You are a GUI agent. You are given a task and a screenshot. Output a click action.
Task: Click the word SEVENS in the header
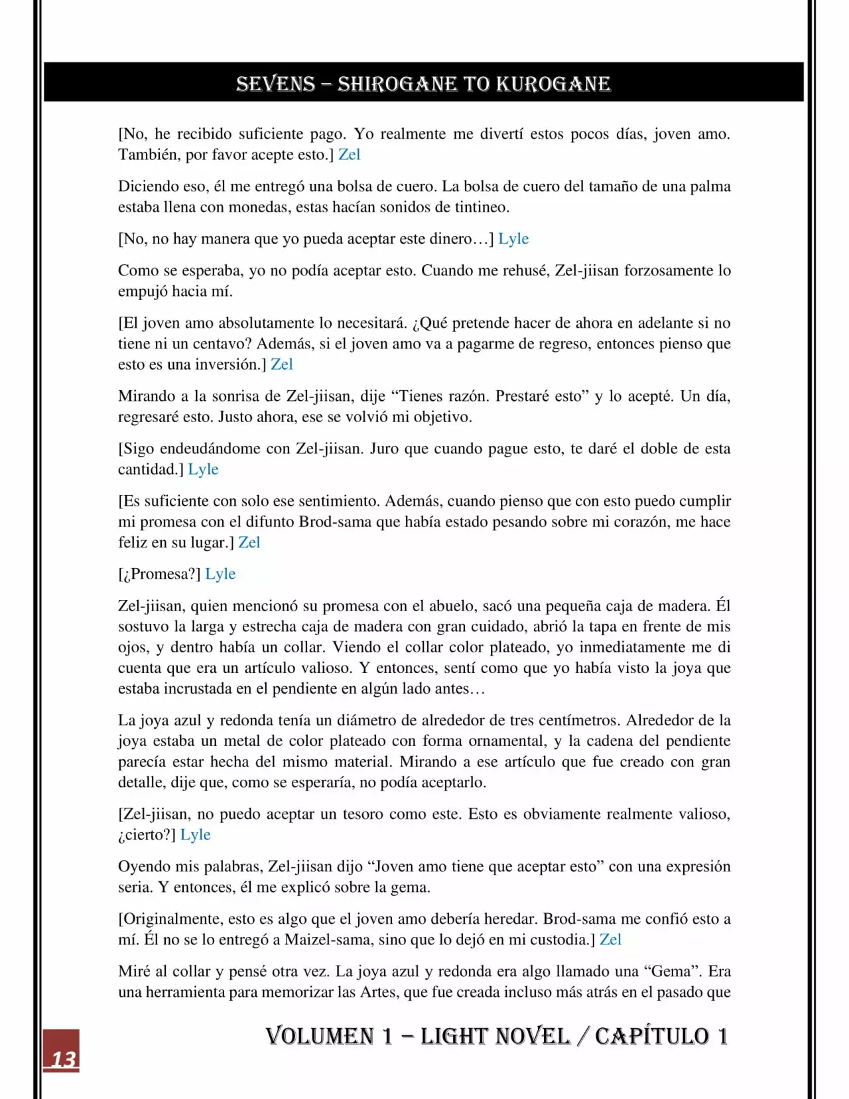[x=275, y=84]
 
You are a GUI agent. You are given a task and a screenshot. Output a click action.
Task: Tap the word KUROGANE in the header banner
[x=553, y=84]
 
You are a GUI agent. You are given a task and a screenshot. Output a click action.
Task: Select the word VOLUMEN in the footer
[x=320, y=1036]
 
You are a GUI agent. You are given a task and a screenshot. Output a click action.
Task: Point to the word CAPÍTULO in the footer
[x=651, y=1036]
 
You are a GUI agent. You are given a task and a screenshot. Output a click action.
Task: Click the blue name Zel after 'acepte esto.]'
[x=349, y=155]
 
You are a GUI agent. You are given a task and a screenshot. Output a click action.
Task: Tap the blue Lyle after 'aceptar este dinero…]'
[x=513, y=239]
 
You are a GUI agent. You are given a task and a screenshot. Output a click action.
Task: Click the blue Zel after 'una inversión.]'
[x=281, y=364]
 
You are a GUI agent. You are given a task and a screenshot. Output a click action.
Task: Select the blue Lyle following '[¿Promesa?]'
[x=220, y=574]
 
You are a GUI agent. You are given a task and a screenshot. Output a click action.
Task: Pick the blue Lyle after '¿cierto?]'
[x=195, y=835]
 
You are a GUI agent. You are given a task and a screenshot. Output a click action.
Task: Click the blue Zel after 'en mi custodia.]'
[x=610, y=940]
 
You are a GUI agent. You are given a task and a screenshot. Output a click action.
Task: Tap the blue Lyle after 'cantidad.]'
[x=203, y=469]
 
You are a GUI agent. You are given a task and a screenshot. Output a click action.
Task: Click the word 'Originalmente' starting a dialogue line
[x=172, y=919]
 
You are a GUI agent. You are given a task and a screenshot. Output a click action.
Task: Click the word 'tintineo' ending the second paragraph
[x=481, y=207]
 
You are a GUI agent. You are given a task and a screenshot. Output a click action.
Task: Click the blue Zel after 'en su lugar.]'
[x=249, y=542]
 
